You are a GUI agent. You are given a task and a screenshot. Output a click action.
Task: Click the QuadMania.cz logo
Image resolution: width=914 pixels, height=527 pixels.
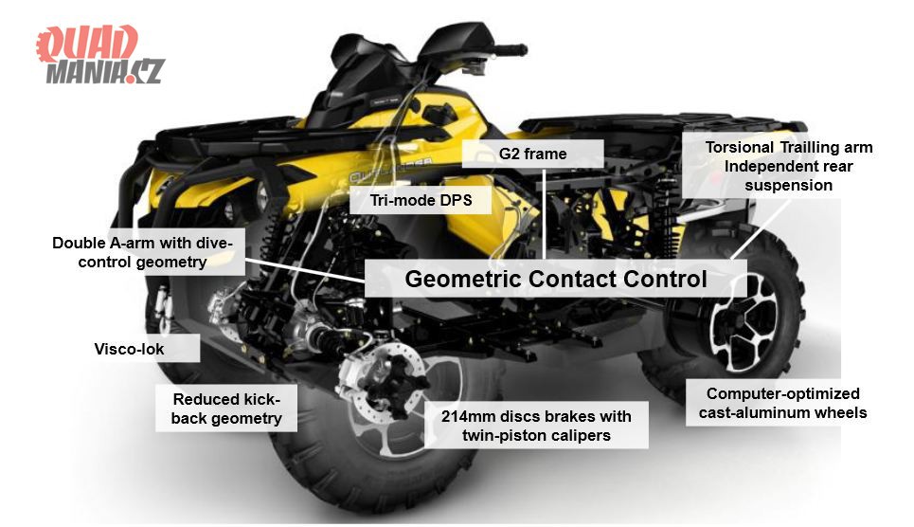pos(100,55)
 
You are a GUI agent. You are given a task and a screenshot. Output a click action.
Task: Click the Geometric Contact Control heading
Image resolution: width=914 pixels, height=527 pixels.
pos(556,280)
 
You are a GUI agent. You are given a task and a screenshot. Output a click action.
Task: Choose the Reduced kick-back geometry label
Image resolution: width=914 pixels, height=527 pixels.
pos(226,409)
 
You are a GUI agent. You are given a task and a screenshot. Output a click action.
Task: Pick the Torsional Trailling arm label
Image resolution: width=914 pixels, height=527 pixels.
pos(788,166)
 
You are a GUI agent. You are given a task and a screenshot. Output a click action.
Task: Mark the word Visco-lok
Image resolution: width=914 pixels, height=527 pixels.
pos(130,349)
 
